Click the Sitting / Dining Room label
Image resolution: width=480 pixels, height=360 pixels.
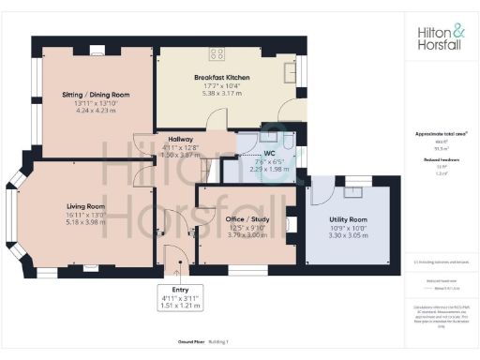(x=95, y=95)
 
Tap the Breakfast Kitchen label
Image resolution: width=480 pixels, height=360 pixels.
(x=221, y=77)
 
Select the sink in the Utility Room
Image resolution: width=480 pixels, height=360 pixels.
(x=353, y=193)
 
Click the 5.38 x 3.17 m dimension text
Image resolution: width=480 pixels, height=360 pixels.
(x=221, y=93)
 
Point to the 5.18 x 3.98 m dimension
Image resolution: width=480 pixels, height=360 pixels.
(x=85, y=221)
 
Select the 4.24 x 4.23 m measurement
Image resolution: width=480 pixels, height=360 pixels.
(x=95, y=110)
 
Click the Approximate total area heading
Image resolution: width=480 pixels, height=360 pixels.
(x=440, y=133)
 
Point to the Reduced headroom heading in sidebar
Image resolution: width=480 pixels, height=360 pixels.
(x=440, y=160)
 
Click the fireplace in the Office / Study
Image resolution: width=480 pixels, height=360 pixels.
(x=291, y=224)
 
